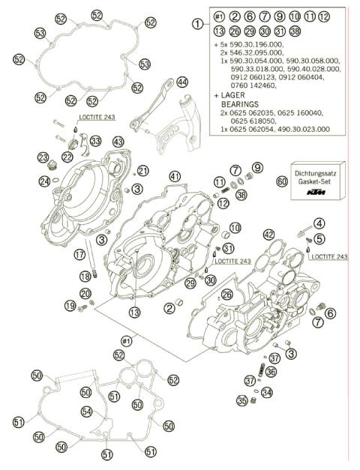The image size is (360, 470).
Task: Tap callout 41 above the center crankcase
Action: coord(175,176)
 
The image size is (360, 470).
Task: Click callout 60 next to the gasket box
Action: coord(282,181)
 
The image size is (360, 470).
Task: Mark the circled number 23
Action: coord(43,157)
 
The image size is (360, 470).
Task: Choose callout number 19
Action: coord(70,306)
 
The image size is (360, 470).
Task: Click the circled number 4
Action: coord(319,223)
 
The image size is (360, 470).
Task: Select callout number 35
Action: coord(241,400)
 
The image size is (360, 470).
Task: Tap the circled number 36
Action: coord(271,371)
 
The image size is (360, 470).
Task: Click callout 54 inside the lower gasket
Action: coord(87,411)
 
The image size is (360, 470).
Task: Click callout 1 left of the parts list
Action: coord(198,23)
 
